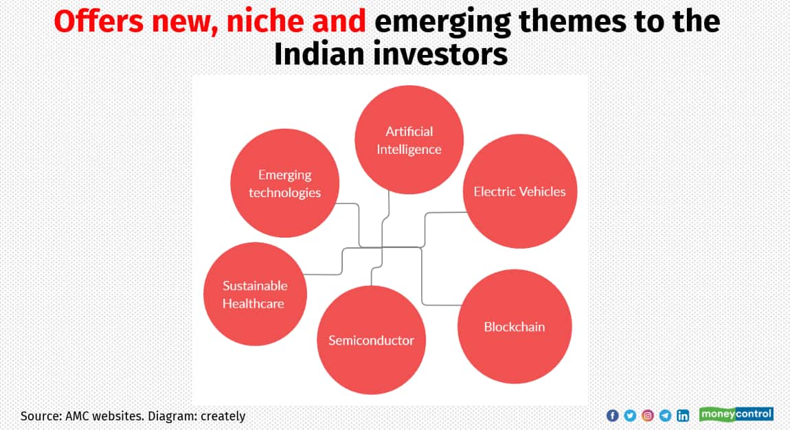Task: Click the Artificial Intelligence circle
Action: click(409, 140)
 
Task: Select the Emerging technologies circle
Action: click(284, 183)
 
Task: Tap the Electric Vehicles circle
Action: click(519, 191)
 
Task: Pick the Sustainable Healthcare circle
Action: click(255, 294)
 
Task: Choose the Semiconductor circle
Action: click(371, 340)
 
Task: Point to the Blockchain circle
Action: click(515, 326)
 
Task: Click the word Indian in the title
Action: click(316, 54)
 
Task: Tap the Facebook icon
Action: click(613, 416)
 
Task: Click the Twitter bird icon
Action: click(630, 416)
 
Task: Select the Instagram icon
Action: click(648, 416)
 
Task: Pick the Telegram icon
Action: click(665, 416)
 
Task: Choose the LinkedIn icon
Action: click(683, 416)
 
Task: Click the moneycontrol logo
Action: click(736, 414)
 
